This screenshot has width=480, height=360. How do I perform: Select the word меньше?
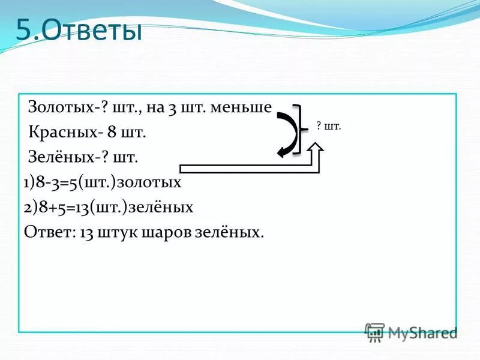[x=243, y=108]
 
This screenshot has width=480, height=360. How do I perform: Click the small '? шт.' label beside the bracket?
[x=329, y=127]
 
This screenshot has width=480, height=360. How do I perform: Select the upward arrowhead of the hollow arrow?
[x=316, y=149]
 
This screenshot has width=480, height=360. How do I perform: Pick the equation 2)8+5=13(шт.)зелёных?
[x=109, y=207]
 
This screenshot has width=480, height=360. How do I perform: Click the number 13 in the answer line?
[x=83, y=232]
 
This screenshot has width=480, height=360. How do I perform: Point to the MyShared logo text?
[x=422, y=332]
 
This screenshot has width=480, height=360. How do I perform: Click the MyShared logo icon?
[x=374, y=331]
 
